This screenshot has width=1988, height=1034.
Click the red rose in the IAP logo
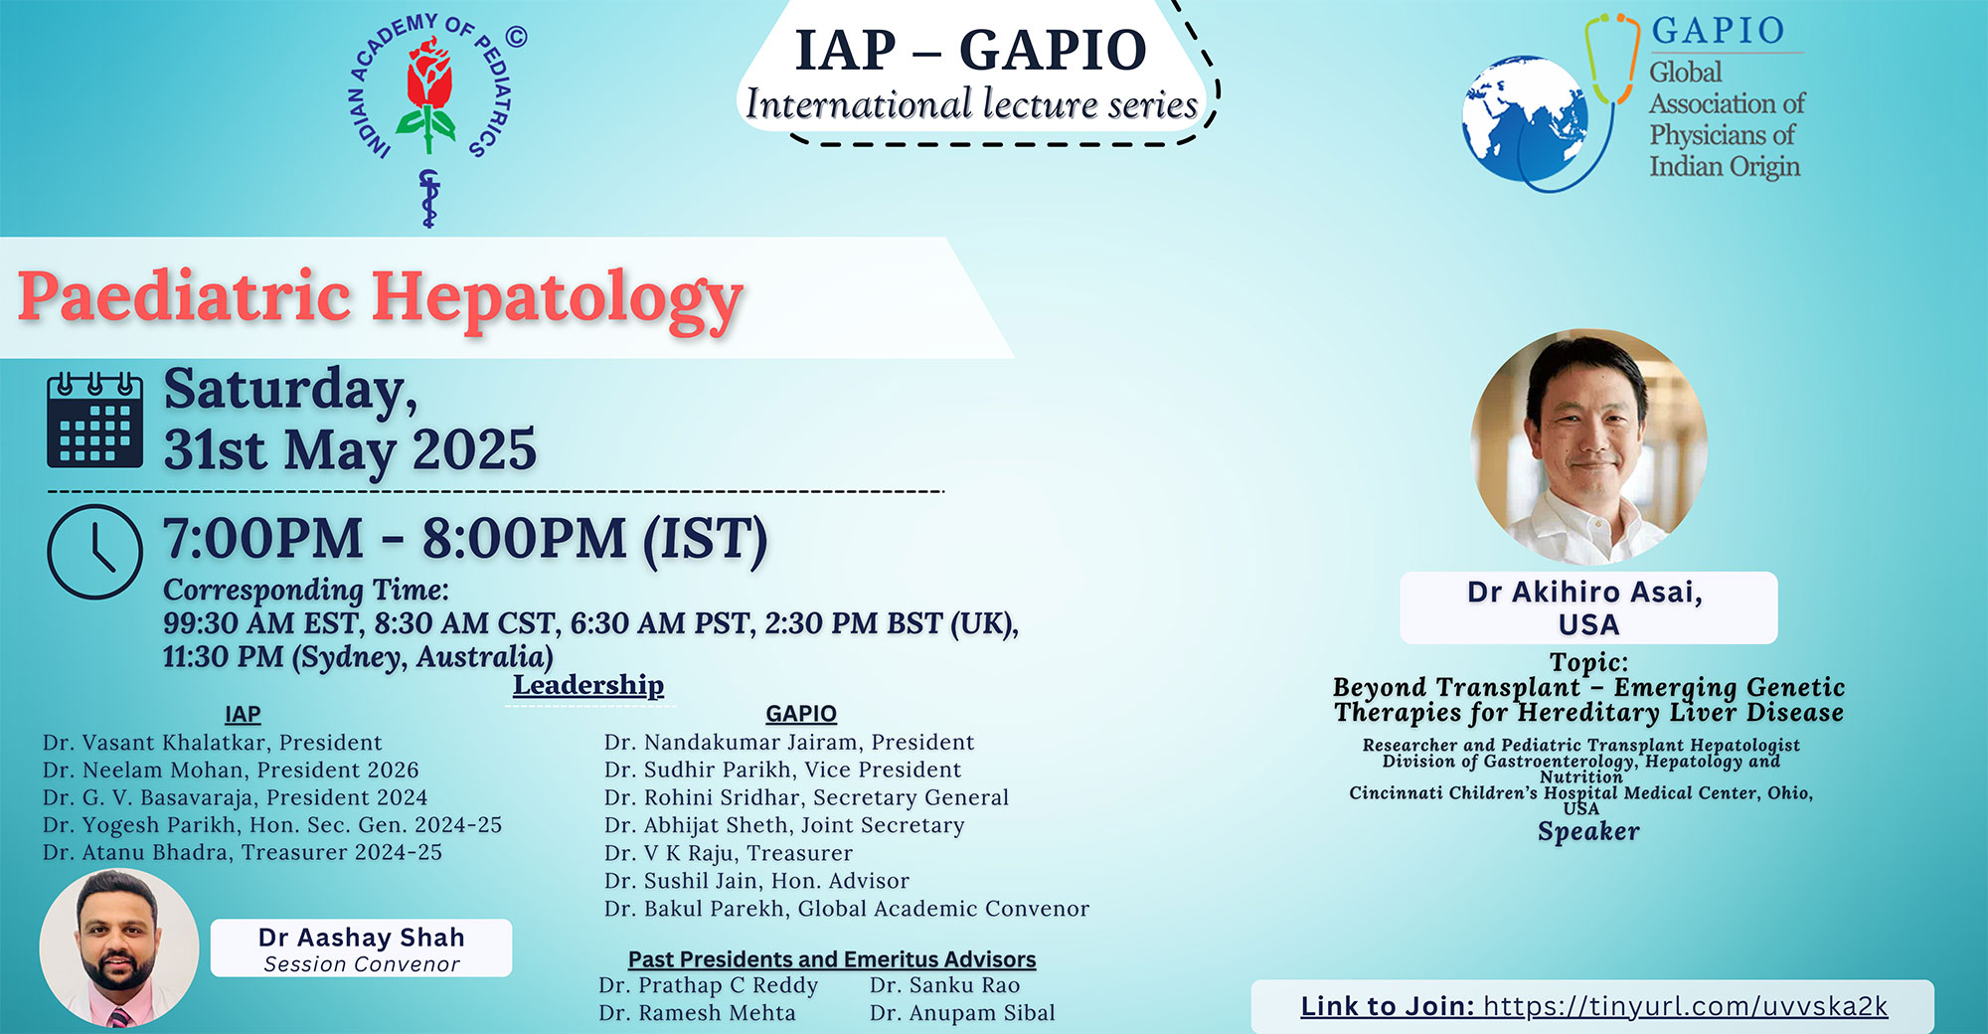point(429,75)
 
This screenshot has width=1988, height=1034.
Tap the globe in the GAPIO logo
point(1523,119)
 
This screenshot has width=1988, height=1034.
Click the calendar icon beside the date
point(95,421)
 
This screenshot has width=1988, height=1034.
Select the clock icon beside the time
point(95,552)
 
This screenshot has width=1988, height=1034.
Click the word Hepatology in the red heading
point(558,299)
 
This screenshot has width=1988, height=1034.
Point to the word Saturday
point(290,390)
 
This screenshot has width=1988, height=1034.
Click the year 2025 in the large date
point(474,449)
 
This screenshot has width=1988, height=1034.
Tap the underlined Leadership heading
point(588,685)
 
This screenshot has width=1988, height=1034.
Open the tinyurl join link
point(1685,1006)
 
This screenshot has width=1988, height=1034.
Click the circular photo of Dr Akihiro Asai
point(1588,447)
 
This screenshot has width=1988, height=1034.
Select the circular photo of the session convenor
point(119,948)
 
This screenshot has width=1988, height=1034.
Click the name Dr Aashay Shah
point(362,938)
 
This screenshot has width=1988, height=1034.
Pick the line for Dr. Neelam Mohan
point(231,770)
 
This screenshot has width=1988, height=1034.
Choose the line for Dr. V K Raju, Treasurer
point(729,853)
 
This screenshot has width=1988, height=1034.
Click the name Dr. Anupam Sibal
point(962,1013)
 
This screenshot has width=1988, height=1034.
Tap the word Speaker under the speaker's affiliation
point(1588,832)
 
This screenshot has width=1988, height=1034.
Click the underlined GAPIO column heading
point(801,714)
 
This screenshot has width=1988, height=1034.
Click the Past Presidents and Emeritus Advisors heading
point(832,959)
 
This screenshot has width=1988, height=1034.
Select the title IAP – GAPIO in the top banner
point(971,50)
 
